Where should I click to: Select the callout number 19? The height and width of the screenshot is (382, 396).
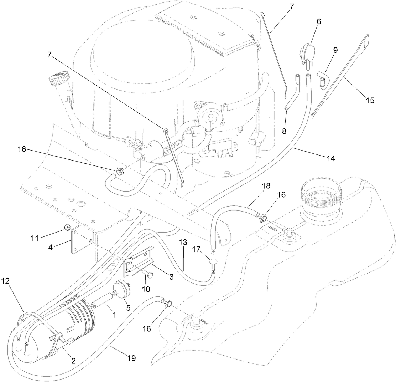(x=131, y=358)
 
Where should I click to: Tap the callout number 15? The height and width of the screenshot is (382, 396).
(x=370, y=100)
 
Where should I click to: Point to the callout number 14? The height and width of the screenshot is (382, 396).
(x=331, y=158)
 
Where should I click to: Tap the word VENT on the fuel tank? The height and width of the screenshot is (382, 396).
(x=270, y=227)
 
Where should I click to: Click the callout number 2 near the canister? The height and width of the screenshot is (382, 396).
(x=73, y=361)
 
